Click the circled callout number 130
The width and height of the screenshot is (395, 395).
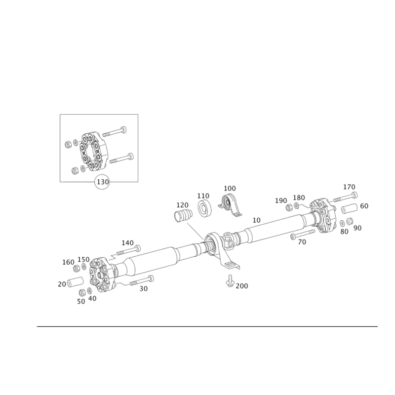click(x=103, y=182)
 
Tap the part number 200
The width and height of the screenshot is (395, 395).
click(x=242, y=286)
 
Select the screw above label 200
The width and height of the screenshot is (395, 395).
click(x=230, y=280)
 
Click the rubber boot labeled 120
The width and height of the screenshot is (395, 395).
click(x=183, y=216)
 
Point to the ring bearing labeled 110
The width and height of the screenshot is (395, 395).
click(x=204, y=208)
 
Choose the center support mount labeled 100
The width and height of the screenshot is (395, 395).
click(x=230, y=205)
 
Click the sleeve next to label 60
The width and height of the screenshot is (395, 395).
click(x=350, y=208)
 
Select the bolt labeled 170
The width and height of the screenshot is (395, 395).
click(x=345, y=197)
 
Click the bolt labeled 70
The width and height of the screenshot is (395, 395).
click(x=303, y=234)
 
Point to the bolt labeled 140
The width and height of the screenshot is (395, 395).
click(x=128, y=250)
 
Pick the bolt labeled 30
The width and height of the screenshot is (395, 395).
click(x=142, y=281)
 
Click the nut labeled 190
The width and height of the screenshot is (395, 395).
click(x=289, y=207)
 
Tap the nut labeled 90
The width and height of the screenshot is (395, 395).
click(x=350, y=221)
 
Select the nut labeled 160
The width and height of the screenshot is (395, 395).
click(x=77, y=269)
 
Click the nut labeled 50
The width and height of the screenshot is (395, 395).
click(x=82, y=293)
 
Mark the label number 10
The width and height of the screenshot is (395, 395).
click(x=256, y=220)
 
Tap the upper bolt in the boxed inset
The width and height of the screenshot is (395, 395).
click(x=114, y=132)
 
